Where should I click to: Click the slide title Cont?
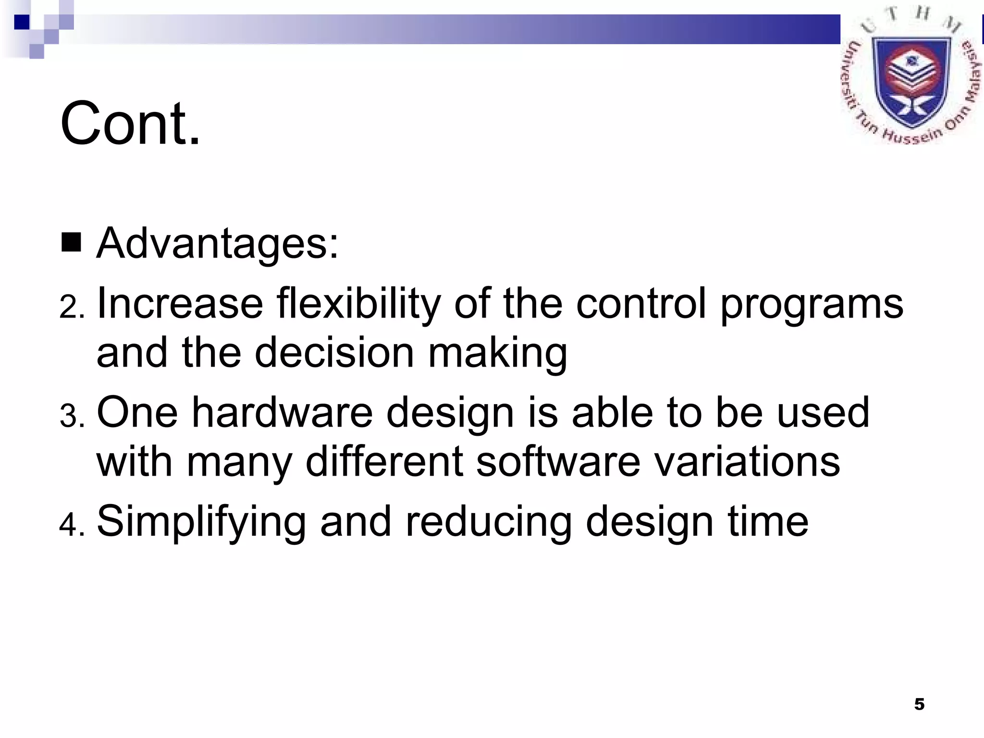click(130, 123)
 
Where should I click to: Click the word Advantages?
click(218, 244)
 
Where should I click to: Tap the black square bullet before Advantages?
click(71, 243)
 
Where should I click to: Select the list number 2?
click(72, 307)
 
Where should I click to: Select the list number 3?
click(72, 416)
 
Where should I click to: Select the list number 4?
click(72, 524)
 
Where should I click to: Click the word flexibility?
click(358, 304)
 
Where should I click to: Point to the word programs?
click(812, 304)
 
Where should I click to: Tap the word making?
click(497, 353)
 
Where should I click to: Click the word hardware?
click(283, 413)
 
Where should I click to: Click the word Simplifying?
click(201, 522)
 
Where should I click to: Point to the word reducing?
click(489, 522)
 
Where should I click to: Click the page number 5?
click(919, 704)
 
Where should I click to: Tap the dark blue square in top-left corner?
click(22, 22)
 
